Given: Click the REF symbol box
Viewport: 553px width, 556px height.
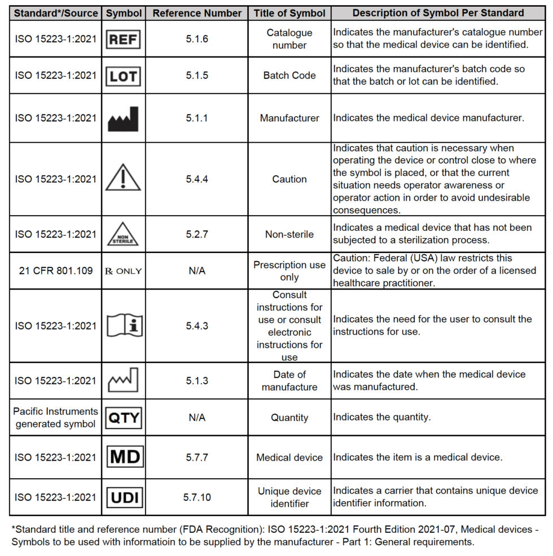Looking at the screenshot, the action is [x=123, y=39].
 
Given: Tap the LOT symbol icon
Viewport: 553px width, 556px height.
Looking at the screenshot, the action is [x=123, y=76].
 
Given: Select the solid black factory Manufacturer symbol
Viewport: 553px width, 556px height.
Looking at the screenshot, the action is [x=123, y=119].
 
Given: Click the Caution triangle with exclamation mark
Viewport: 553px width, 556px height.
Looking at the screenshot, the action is [x=123, y=178].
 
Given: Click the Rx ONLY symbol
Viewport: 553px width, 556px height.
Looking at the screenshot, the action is [x=123, y=271].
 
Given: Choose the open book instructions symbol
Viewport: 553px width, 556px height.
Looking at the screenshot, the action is [x=123, y=326].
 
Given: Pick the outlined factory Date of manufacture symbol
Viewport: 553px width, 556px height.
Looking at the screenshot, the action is [x=123, y=380].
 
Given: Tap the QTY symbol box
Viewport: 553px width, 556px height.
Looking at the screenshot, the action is [x=123, y=418].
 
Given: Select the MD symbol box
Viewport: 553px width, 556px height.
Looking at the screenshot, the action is [x=123, y=457].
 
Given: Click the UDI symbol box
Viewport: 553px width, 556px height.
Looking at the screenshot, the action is [x=123, y=497].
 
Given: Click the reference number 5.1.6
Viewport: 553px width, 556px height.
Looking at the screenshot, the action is [x=197, y=39].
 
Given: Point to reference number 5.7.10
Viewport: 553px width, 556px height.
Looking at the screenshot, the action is [x=197, y=497].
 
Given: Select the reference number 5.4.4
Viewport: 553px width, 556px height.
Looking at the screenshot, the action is [x=197, y=179].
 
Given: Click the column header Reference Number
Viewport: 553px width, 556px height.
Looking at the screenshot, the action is [x=197, y=13].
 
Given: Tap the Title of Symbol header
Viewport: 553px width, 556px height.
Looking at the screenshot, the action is [x=289, y=13].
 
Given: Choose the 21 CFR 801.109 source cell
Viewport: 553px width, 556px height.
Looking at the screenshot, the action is [x=55, y=271].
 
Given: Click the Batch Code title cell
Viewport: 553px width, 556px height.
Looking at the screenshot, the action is [x=289, y=76].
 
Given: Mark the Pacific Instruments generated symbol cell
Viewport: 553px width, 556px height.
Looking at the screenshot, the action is [x=55, y=418].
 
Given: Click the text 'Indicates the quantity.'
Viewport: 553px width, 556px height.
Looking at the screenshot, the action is [x=381, y=418].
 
